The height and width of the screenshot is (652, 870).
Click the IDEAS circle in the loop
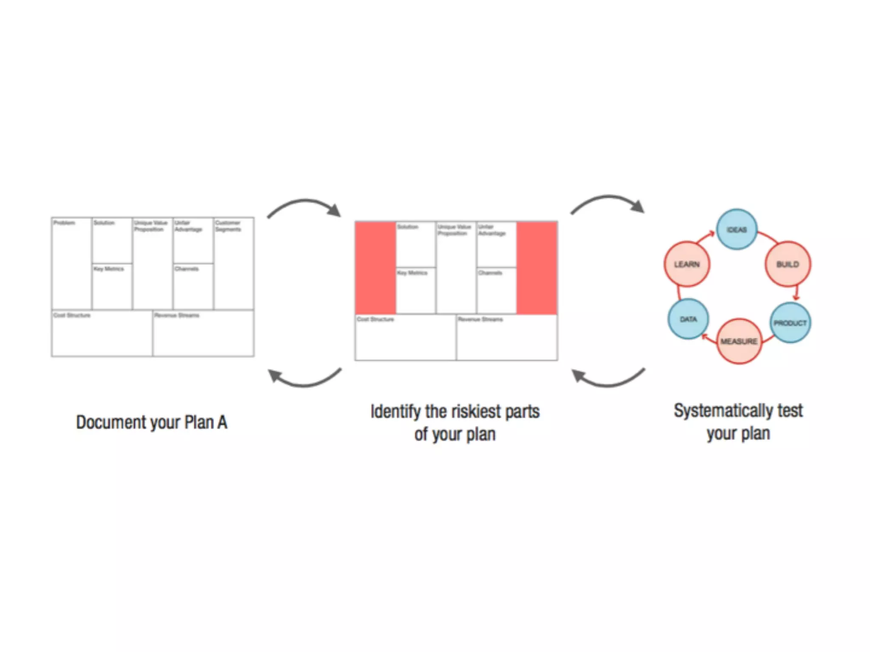point(737,229)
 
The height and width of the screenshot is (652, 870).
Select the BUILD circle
point(788,264)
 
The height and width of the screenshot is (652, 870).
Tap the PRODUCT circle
point(790,323)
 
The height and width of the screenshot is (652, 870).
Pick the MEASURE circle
point(739,341)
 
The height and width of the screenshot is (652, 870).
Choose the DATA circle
point(688,319)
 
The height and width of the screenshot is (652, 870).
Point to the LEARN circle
point(686,264)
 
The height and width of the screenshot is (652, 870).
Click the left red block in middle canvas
point(376,268)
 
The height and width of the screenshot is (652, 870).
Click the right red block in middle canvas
point(537,268)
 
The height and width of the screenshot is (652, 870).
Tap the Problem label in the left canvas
point(64,223)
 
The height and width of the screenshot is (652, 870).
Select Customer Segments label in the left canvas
point(228,226)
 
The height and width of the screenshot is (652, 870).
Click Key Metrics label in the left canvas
point(109,269)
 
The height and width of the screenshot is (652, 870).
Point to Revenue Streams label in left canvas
point(177,315)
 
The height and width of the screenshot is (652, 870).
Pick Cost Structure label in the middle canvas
point(376,319)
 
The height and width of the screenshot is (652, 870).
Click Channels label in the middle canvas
point(490,273)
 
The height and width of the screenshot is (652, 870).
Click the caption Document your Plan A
point(152,422)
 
